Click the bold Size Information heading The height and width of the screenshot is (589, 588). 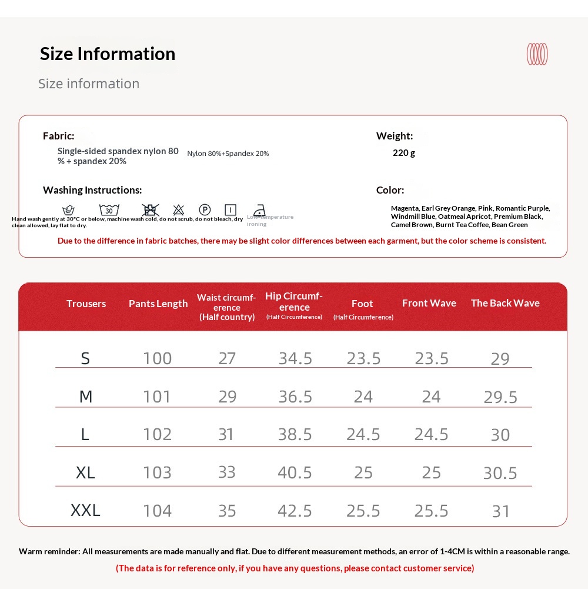108,54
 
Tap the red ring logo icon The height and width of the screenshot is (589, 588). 537,54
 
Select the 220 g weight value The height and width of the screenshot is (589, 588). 404,153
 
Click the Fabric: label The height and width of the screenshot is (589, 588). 59,136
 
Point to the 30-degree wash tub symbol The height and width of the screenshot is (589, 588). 109,210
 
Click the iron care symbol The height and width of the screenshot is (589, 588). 259,210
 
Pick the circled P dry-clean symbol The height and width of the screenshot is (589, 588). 205,210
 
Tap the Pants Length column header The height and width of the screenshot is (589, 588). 158,304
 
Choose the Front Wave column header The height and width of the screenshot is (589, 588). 429,303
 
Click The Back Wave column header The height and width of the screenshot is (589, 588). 505,303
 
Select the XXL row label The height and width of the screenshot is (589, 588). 85,510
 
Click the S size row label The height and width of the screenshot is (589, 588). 85,358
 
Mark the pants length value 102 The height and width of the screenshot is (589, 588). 158,434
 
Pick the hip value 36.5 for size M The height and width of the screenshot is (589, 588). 295,397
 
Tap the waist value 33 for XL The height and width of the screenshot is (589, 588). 227,472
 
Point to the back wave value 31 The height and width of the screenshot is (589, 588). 501,511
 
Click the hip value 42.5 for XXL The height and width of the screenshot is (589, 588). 295,510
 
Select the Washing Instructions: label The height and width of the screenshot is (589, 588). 92,190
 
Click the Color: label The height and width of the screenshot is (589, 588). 390,190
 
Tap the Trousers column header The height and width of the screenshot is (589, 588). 86,304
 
